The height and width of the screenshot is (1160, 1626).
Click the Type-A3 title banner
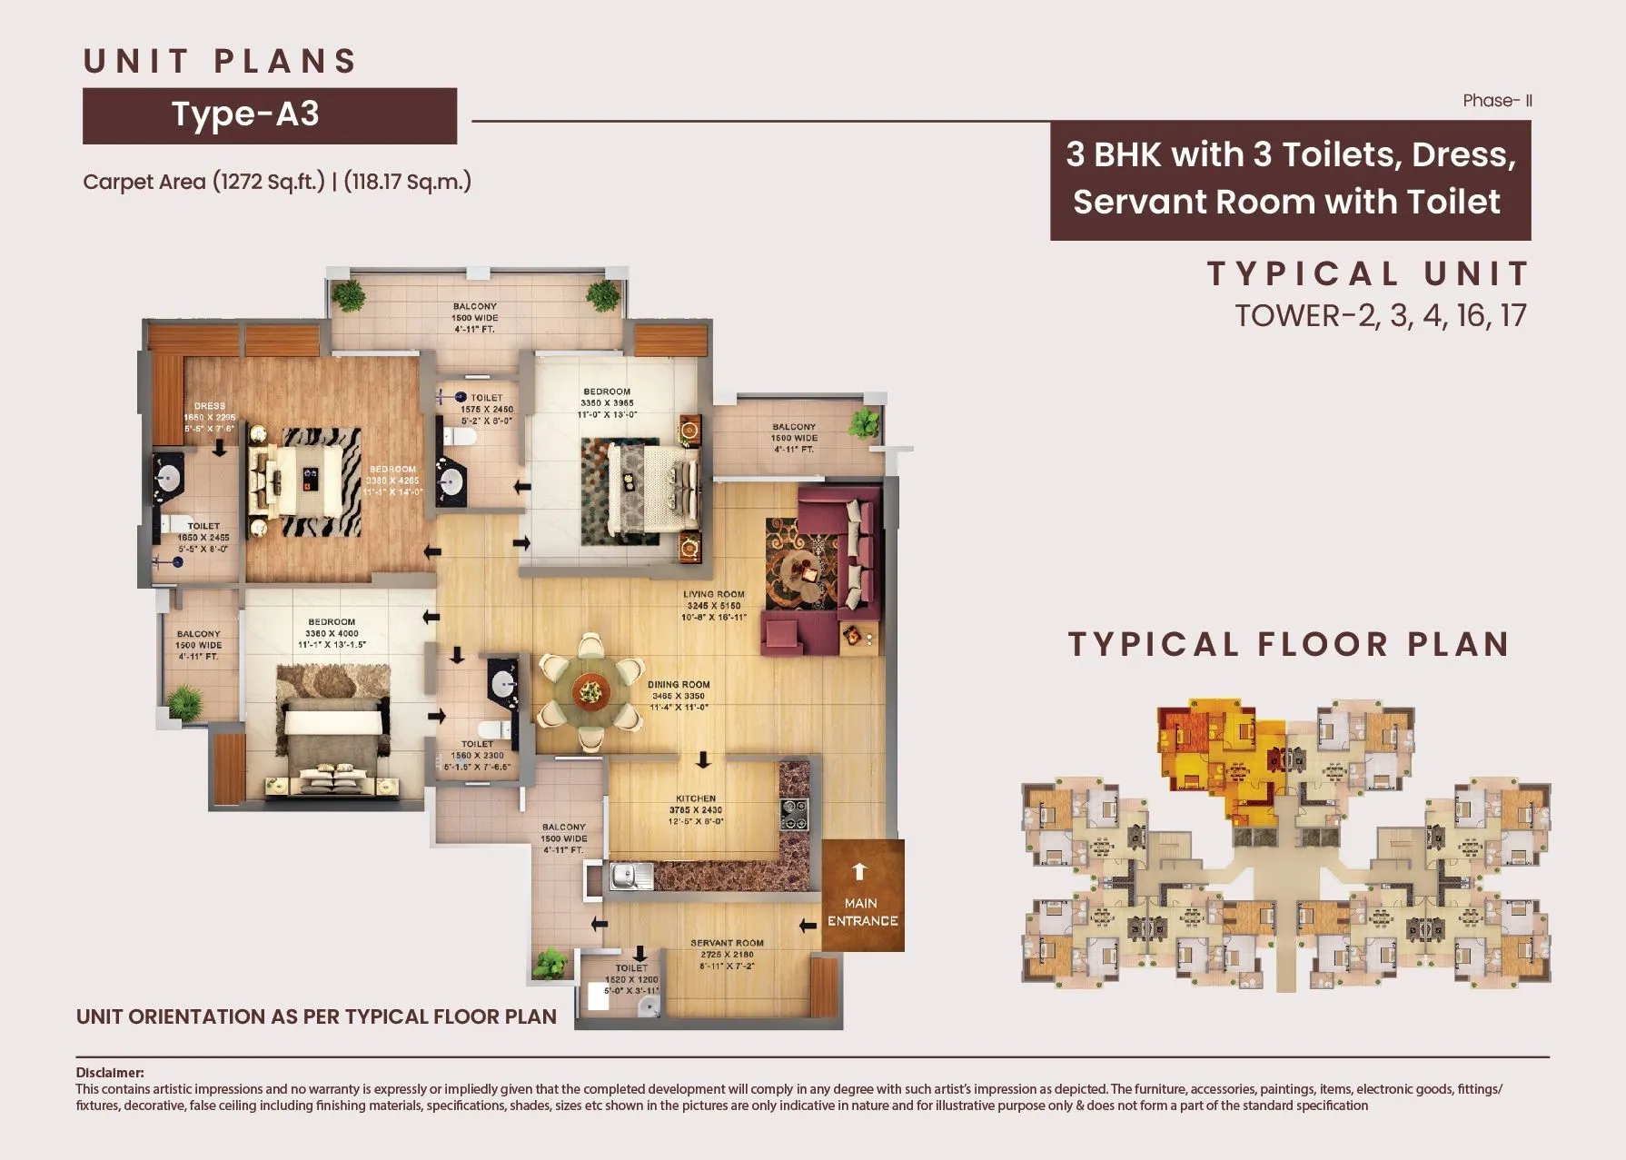coord(269,115)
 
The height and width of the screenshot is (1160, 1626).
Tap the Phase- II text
coord(1497,101)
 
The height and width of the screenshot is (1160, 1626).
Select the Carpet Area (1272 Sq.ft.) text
coord(203,182)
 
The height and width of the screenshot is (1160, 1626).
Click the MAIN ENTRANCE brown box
coord(862,896)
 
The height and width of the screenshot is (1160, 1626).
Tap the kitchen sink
coord(630,877)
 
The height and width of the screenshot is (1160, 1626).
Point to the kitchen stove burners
coord(794,815)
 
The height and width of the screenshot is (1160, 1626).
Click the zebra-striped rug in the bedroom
coord(304,481)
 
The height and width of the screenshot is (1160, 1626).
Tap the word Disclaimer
coord(109,1073)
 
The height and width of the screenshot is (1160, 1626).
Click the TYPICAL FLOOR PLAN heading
coord(1288,644)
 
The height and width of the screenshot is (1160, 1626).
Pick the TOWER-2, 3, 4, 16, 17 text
coord(1380,315)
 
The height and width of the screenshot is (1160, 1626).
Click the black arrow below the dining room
coord(703,759)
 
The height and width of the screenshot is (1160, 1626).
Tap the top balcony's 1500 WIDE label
coord(474,318)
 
